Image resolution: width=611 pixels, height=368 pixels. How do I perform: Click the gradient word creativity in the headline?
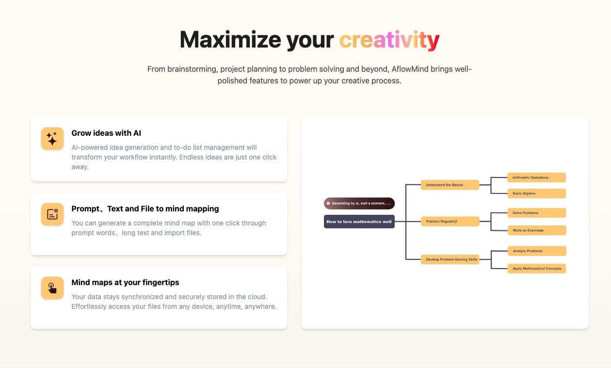(389, 40)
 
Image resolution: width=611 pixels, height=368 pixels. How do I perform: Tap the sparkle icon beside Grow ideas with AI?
(52, 139)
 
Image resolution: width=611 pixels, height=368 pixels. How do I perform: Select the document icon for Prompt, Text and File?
(52, 214)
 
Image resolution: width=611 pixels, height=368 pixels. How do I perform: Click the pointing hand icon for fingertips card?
(52, 288)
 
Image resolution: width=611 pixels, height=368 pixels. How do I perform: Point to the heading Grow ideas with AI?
(106, 133)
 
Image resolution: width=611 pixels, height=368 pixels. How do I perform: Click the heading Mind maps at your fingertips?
(125, 282)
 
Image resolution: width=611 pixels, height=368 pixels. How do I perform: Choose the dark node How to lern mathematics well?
(359, 222)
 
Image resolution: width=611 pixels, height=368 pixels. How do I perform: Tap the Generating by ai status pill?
(359, 203)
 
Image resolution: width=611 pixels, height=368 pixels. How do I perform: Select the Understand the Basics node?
(450, 185)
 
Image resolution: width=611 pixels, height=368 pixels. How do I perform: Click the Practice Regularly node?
(450, 221)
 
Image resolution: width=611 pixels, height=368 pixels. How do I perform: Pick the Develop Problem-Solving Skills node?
(450, 259)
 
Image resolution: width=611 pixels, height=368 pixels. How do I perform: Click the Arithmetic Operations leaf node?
(536, 177)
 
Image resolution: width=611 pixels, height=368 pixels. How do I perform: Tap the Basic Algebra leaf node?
(536, 193)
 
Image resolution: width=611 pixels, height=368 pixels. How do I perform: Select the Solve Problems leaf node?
(536, 213)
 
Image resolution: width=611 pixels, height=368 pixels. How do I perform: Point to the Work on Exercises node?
(537, 230)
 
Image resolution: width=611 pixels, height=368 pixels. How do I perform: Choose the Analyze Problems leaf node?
(537, 251)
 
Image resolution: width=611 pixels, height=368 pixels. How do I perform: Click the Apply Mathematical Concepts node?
(537, 269)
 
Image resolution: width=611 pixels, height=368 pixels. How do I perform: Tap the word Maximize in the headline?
(230, 40)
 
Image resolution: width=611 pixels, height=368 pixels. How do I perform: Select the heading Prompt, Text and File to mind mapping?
(145, 208)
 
